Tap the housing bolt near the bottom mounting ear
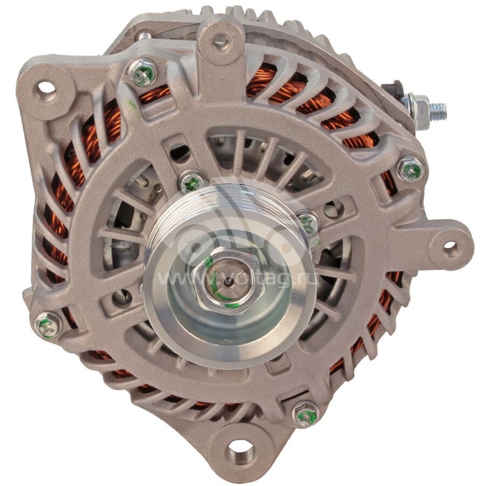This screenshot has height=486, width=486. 306,416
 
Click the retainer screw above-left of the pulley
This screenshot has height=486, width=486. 193,182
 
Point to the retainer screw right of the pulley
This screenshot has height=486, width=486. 307,224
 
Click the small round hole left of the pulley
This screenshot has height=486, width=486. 122,297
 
